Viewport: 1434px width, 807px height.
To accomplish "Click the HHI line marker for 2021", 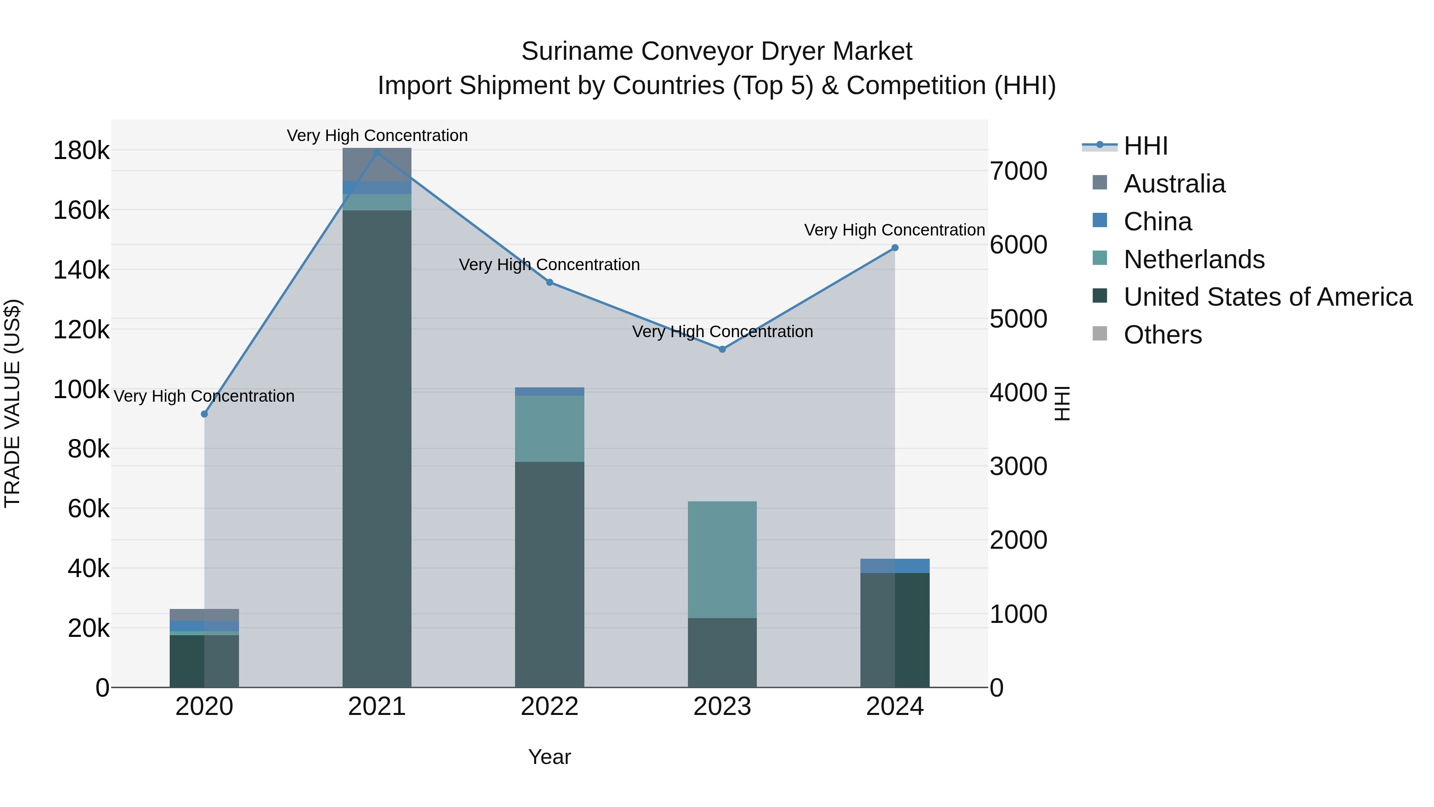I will tap(377, 153).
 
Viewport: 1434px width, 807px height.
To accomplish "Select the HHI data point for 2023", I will tap(722, 349).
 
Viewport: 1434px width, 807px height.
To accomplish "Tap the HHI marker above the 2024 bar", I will tap(895, 248).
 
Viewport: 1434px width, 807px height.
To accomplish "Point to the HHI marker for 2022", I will tap(549, 283).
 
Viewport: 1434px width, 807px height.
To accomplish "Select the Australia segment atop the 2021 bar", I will tap(377, 164).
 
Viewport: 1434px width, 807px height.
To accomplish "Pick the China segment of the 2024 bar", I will tap(895, 566).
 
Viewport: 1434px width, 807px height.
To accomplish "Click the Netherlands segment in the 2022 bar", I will tap(549, 428).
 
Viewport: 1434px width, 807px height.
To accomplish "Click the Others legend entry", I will tap(1162, 335).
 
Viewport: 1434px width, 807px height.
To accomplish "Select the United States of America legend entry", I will tap(1267, 297).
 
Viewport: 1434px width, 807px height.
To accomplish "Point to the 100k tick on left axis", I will tap(81, 389).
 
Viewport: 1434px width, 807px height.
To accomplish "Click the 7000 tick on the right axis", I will tap(1018, 171).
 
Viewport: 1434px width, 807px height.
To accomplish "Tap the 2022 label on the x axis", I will tap(549, 707).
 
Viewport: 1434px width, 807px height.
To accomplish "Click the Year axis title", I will tap(549, 757).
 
